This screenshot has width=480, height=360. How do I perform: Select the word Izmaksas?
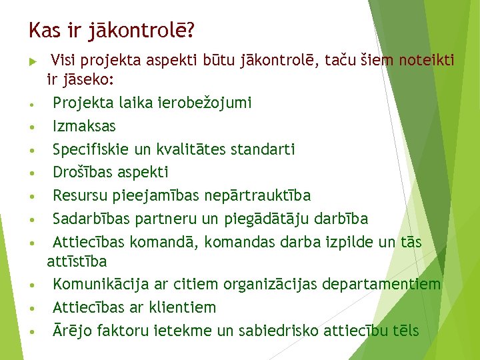(x=84, y=126)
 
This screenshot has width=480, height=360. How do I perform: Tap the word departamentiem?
(x=381, y=285)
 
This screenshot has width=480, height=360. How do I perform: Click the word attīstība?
(x=77, y=261)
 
